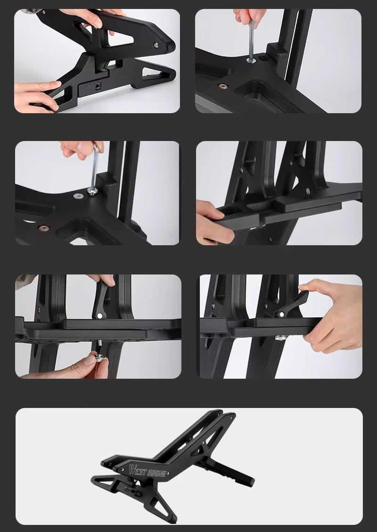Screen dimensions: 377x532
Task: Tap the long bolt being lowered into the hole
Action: (251, 41)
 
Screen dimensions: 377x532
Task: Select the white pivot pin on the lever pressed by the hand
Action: (281, 315)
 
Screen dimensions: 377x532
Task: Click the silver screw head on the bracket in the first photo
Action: (156, 44)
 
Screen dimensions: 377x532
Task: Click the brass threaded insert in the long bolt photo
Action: (223, 86)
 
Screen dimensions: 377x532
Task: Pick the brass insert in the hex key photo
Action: (43, 228)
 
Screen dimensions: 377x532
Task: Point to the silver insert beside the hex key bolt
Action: (78, 196)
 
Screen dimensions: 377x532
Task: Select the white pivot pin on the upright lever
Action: (100, 316)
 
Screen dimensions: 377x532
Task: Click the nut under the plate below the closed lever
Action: (281, 338)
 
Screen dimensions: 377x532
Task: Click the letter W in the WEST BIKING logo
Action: (133, 470)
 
